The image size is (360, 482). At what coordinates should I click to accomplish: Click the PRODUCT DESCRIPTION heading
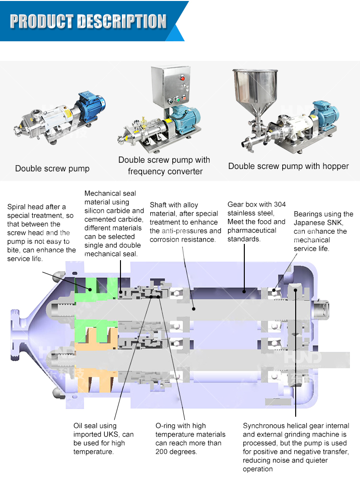(88, 21)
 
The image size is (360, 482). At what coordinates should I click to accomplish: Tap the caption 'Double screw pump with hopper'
(288, 166)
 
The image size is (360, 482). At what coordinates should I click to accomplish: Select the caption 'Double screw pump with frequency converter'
(164, 166)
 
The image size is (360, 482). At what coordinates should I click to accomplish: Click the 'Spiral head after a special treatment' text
(41, 233)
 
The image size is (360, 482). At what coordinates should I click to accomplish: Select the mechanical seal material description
(114, 223)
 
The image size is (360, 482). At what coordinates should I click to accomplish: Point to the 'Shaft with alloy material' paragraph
(185, 222)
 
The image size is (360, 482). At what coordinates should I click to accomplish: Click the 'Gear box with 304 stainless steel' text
(256, 221)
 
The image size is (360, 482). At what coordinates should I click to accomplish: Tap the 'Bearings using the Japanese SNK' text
(323, 231)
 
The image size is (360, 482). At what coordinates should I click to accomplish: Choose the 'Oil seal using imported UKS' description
(103, 438)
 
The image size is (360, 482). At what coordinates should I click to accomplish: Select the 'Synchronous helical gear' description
(296, 447)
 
